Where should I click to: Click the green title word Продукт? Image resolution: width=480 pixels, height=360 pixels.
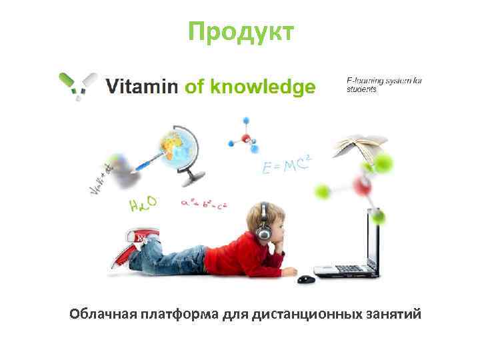239,31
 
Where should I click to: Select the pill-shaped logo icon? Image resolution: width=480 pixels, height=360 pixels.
77,85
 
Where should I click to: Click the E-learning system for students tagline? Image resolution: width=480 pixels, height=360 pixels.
384,85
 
